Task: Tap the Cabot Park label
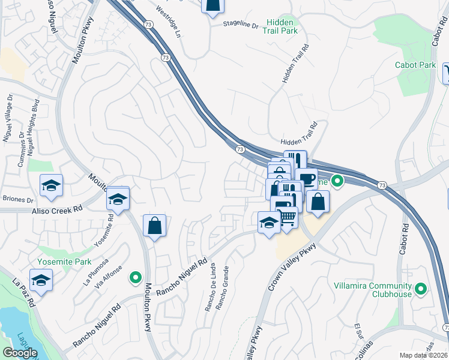pos(415,65)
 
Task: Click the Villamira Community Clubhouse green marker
pos(421,290)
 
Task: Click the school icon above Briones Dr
pos(52,186)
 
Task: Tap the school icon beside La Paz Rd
pos(41,281)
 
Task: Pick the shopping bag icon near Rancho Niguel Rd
pos(154,226)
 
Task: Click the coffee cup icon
pos(307,179)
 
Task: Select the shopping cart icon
pos(288,217)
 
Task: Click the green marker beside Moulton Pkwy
pos(136,277)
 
